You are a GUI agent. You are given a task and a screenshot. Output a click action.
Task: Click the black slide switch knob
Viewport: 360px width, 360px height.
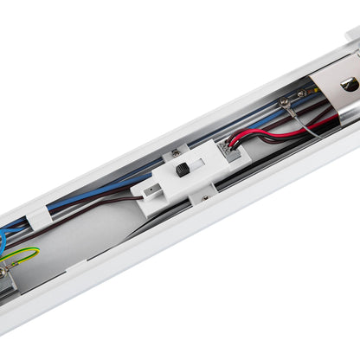point(183,170)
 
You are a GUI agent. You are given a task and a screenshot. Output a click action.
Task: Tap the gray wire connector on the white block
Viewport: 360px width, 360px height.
point(233,151)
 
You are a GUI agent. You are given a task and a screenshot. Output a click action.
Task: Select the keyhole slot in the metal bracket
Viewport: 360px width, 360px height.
point(348,84)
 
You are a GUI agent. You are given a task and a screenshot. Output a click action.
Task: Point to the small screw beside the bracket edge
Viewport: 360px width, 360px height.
point(302,92)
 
